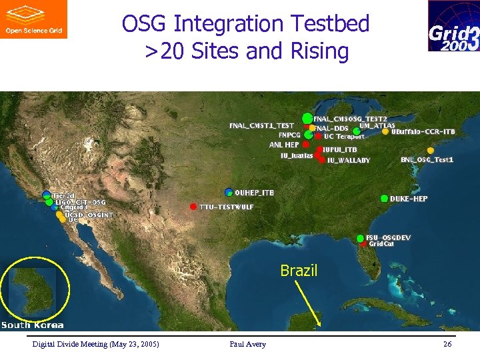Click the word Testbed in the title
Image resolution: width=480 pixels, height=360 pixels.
[x=327, y=24]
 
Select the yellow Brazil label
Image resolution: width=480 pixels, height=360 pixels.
[x=299, y=271]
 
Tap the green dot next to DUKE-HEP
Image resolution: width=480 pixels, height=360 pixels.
[x=384, y=199]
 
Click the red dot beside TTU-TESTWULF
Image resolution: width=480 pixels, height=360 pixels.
[x=193, y=206]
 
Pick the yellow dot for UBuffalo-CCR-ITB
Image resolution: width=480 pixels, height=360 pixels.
[x=385, y=132]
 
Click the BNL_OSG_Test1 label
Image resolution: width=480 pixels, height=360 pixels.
[x=427, y=160]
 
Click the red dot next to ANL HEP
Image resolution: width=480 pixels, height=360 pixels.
[x=305, y=144]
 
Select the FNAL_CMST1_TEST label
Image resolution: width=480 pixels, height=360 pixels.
[x=261, y=125]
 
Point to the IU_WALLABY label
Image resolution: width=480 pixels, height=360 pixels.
[x=349, y=161]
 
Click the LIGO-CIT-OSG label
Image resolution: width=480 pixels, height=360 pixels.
[x=79, y=202]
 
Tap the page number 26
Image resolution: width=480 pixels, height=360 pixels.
[x=447, y=344]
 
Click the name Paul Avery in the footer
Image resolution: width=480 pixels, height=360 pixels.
[x=247, y=344]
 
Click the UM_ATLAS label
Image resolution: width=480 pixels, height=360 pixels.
[x=377, y=125]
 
